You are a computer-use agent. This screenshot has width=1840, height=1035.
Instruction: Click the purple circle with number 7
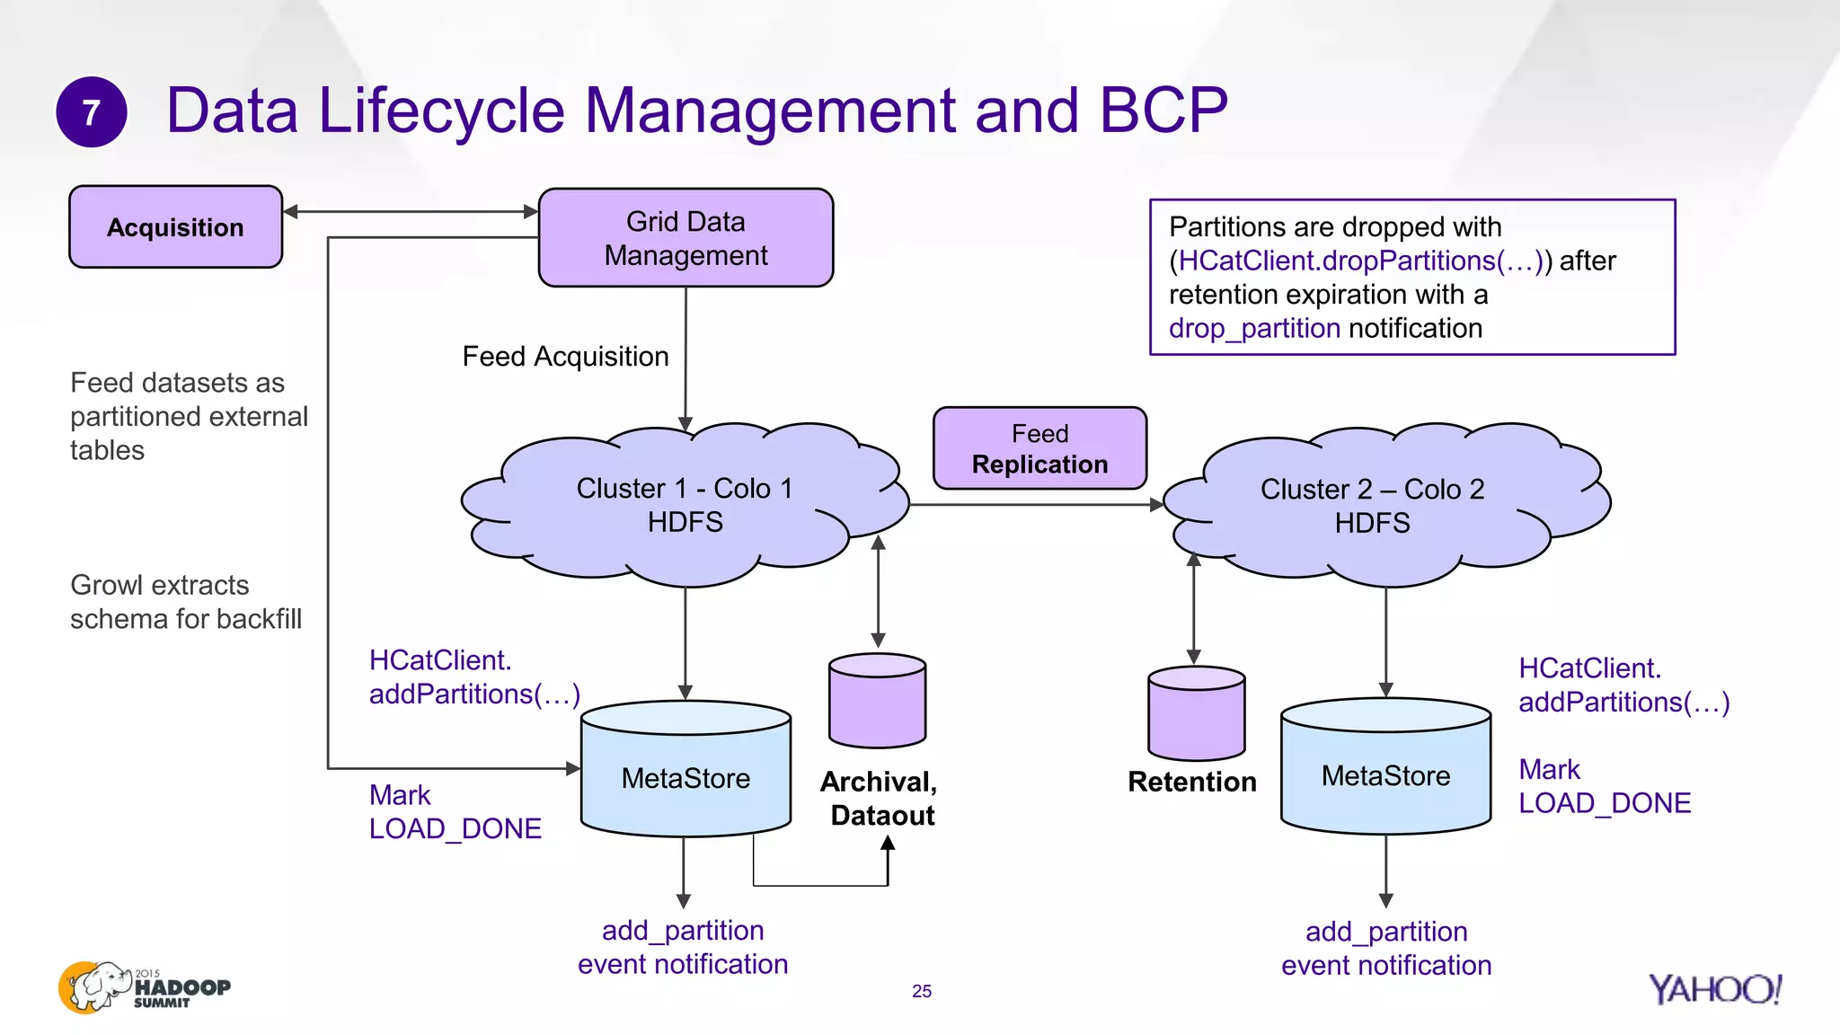(91, 112)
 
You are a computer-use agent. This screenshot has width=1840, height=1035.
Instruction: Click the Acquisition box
(176, 227)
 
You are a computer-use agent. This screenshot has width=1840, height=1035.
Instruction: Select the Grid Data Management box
(686, 238)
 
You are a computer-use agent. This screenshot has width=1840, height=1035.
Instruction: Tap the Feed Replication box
(1039, 448)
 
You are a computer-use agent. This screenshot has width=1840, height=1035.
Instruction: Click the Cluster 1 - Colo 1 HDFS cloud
(685, 505)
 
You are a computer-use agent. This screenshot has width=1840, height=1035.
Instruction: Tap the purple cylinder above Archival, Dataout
(877, 702)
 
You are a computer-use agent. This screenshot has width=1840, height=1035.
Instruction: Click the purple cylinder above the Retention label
(1196, 713)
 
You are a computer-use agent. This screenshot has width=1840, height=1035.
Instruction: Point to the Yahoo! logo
(1714, 989)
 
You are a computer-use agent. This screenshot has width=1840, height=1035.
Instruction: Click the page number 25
(922, 991)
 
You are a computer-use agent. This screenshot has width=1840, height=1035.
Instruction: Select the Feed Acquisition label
(565, 357)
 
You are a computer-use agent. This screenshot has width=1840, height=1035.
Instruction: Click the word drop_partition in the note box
(1254, 329)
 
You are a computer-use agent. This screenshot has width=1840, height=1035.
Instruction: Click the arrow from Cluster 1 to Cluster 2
(1033, 505)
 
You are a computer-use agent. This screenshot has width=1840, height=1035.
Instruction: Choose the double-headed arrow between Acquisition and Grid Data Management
(410, 212)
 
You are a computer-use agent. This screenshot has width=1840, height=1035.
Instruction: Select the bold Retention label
(1191, 782)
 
